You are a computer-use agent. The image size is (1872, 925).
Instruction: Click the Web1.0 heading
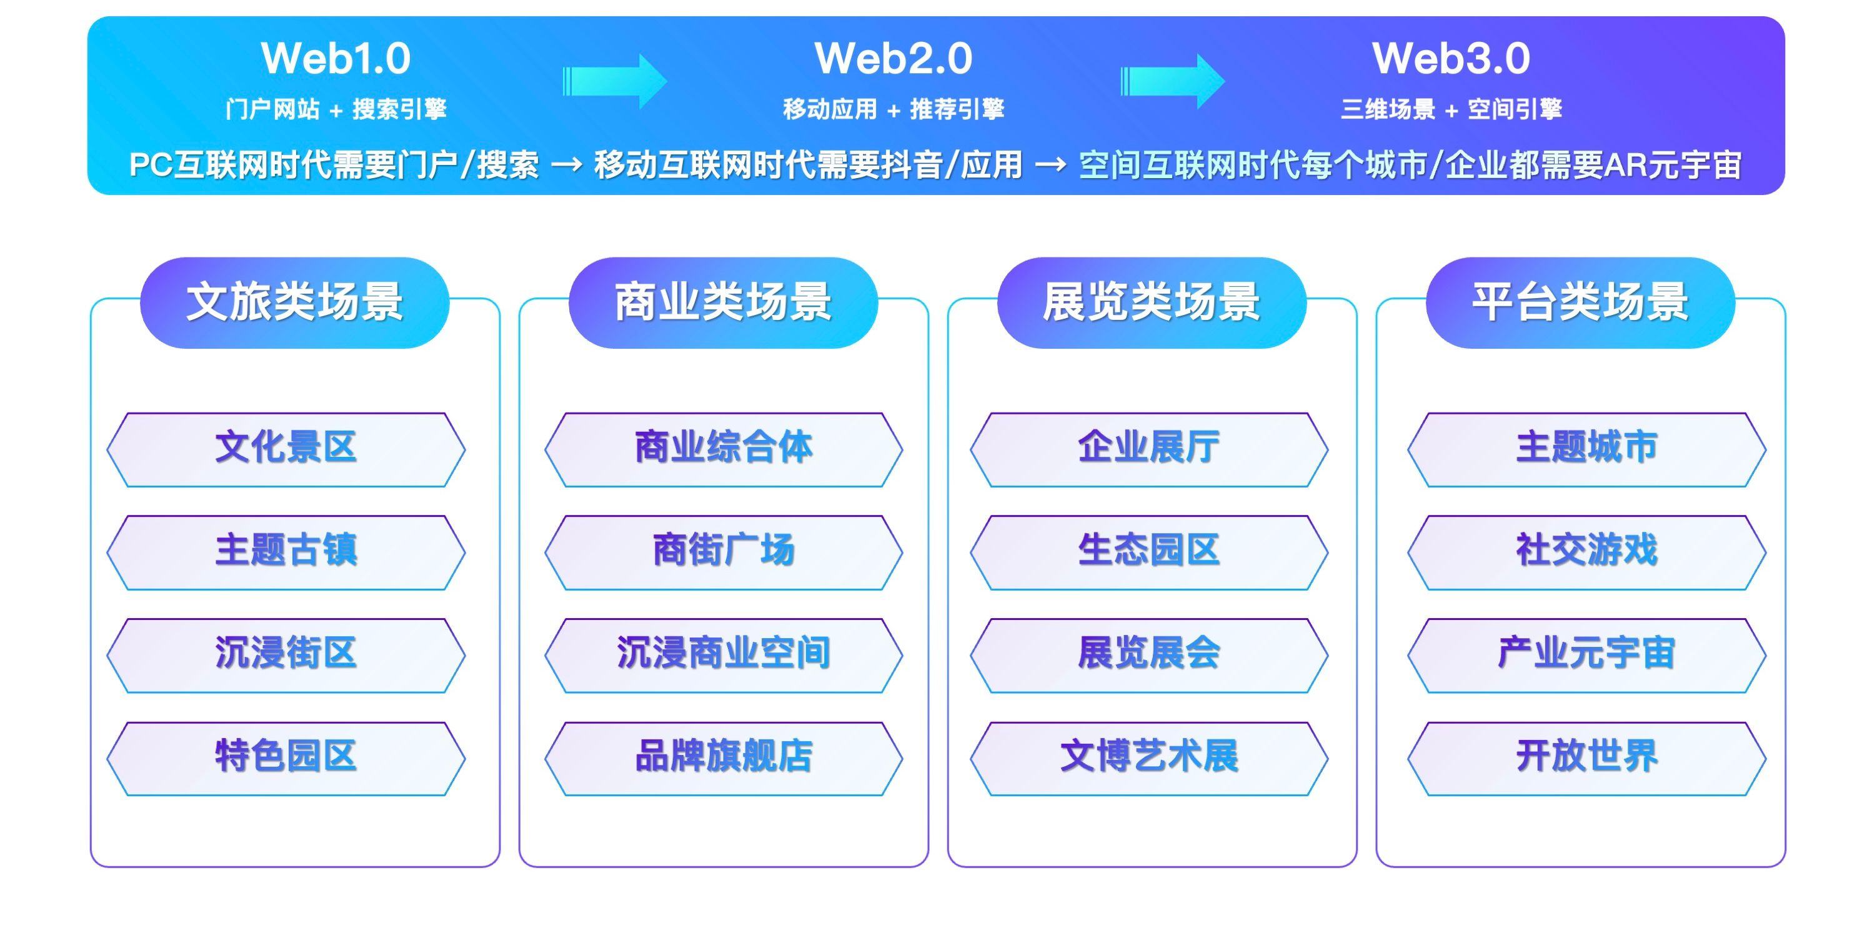click(x=336, y=58)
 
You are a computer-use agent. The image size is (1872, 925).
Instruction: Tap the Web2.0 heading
click(x=893, y=58)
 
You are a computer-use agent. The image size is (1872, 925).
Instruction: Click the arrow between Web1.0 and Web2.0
click(x=615, y=81)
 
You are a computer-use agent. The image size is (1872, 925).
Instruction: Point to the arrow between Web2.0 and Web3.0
click(x=1172, y=81)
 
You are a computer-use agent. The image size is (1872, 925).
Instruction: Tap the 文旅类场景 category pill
click(x=294, y=302)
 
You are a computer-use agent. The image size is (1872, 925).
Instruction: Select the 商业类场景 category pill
click(x=723, y=302)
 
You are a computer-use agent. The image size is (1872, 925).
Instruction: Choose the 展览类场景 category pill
click(x=1152, y=302)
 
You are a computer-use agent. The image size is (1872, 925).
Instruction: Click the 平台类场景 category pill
click(x=1581, y=302)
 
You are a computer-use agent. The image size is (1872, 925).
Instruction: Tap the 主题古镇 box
click(x=286, y=553)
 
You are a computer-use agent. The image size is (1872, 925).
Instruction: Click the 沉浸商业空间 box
click(x=724, y=656)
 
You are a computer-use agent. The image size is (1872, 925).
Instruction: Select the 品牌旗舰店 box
click(x=724, y=759)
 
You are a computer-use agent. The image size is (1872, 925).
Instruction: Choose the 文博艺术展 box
click(x=1149, y=759)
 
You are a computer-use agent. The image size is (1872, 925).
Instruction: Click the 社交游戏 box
click(x=1587, y=553)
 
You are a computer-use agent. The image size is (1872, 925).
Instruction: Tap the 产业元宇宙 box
click(x=1587, y=656)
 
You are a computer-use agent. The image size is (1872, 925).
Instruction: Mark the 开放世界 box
click(x=1587, y=759)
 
